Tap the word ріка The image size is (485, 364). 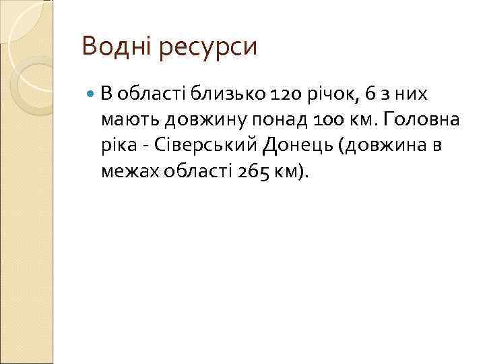coord(117,146)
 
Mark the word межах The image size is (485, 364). coord(126,173)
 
